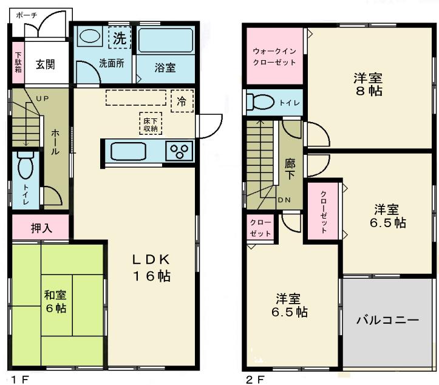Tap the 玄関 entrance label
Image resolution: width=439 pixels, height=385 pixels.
click(44, 64)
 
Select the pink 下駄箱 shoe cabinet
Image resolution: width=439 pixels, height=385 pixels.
click(18, 64)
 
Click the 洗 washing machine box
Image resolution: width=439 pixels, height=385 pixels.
click(120, 38)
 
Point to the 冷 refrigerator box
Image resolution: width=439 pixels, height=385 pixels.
click(182, 101)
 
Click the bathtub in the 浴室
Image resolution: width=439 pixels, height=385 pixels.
click(165, 40)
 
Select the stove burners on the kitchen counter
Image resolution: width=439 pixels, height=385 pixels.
click(180, 150)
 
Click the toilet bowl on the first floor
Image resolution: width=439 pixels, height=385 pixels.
click(25, 166)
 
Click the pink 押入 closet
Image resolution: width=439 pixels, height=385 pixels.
click(41, 228)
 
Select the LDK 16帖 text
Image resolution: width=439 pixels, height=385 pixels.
click(151, 267)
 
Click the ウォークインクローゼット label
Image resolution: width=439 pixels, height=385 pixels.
click(274, 56)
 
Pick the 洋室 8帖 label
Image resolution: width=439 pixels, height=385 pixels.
click(368, 84)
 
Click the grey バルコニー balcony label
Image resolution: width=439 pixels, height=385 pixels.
click(387, 319)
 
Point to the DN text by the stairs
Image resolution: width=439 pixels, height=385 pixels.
click(284, 200)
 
